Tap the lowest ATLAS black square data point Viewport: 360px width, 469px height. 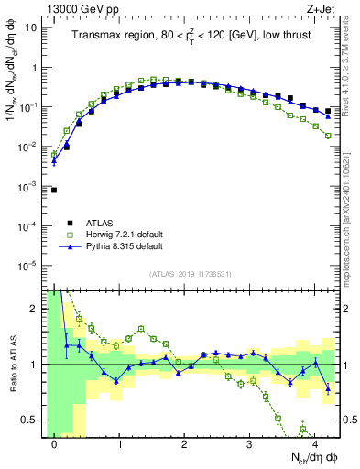[54, 190]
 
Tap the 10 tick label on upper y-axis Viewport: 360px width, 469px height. [30, 27]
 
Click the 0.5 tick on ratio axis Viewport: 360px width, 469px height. [29, 420]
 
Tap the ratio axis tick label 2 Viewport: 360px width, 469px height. [33, 309]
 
